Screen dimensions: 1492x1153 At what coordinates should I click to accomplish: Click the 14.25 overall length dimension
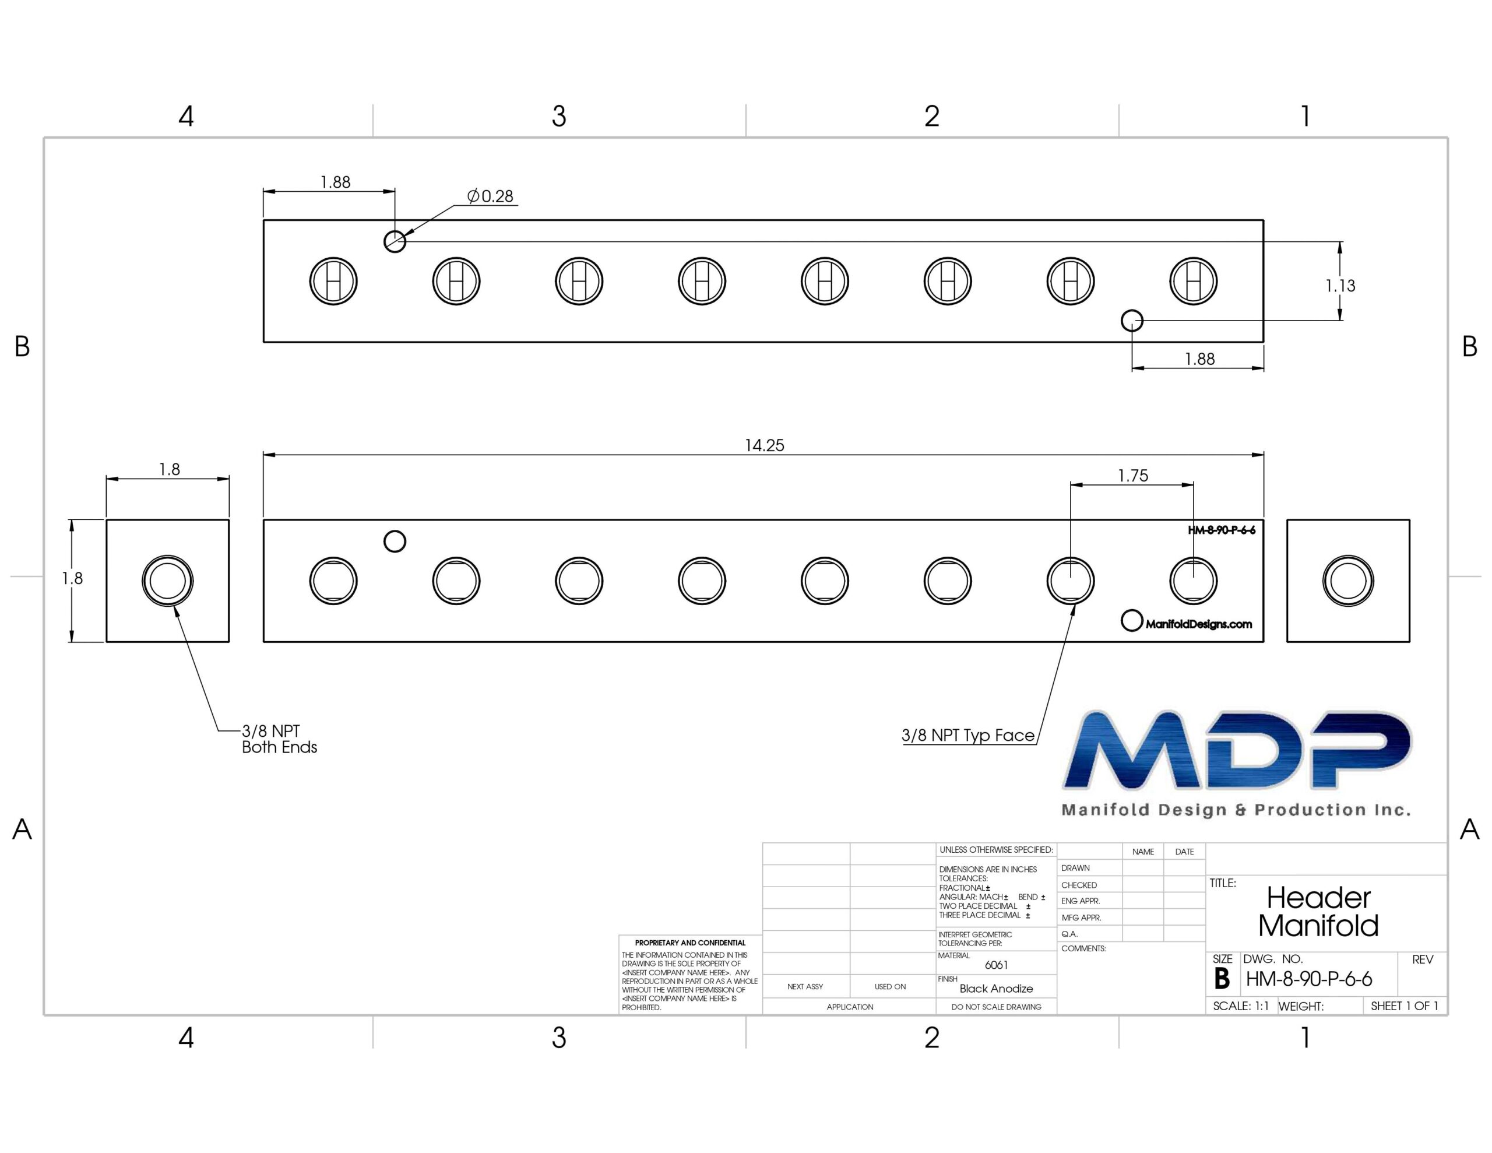click(x=765, y=445)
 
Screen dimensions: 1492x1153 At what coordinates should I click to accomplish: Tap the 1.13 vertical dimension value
click(x=1340, y=286)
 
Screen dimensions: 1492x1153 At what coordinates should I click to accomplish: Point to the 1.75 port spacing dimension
click(x=1132, y=476)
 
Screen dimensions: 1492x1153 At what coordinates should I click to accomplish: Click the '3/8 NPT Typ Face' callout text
click(x=968, y=736)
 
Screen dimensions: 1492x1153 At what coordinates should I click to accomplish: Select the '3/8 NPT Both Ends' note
click(x=279, y=739)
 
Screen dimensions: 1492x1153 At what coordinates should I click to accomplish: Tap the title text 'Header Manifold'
click(x=1318, y=912)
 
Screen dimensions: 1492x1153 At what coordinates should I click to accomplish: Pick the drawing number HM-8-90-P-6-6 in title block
click(x=1309, y=979)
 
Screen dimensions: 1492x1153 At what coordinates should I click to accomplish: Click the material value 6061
click(x=996, y=965)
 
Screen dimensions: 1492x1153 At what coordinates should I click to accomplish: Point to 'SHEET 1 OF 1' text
click(x=1405, y=1006)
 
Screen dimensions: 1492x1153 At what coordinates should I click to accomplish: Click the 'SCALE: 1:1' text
click(x=1241, y=1006)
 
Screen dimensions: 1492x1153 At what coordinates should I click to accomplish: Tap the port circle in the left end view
click(x=167, y=556)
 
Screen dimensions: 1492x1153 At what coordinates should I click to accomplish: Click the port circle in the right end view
click(x=1348, y=556)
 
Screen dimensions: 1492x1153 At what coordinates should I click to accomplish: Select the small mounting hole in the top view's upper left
click(x=395, y=231)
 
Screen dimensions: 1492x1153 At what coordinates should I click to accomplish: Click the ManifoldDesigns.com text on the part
click(x=1198, y=624)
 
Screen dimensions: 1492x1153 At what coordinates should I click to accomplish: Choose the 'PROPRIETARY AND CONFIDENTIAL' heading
click(x=690, y=943)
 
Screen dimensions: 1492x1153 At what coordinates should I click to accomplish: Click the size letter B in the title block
click(x=1222, y=979)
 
